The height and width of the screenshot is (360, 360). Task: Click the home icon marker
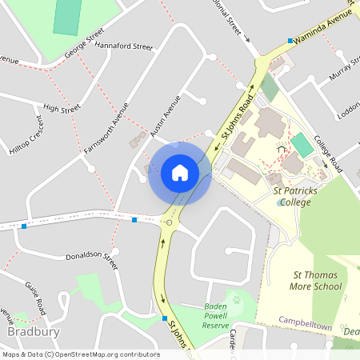point(180,173)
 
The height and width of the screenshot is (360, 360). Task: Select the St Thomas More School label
point(316,280)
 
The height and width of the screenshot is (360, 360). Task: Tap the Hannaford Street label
point(123,46)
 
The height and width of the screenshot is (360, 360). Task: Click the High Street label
point(62,108)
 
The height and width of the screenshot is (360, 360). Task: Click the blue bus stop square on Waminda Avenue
point(290,40)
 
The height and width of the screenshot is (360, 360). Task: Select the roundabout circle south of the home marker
point(169,222)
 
